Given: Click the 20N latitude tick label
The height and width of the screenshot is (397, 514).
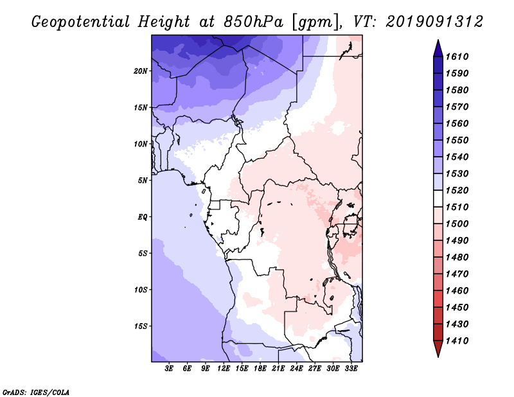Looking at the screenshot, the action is click(x=141, y=71).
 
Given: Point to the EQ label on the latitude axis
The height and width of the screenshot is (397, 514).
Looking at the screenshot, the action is click(x=142, y=217).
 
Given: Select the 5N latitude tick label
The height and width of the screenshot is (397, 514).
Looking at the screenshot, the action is click(x=143, y=181).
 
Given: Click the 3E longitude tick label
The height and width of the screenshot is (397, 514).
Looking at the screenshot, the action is click(x=169, y=369).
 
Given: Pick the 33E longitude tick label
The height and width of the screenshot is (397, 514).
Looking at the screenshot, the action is click(x=351, y=369).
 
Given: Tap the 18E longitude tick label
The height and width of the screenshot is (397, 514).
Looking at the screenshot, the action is click(x=260, y=369).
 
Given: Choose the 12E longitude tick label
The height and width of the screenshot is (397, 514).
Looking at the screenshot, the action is click(x=224, y=369).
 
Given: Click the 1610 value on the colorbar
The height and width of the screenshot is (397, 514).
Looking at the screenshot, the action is click(x=457, y=57).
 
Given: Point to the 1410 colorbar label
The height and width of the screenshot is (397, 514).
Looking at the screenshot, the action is click(x=457, y=341).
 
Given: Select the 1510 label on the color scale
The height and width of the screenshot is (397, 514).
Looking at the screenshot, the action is click(x=457, y=207).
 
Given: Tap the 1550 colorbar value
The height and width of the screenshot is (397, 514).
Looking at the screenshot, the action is click(x=457, y=140).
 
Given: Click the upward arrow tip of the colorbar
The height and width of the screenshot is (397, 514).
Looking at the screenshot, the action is click(x=438, y=40).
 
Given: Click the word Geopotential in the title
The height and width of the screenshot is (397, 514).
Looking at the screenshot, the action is click(x=81, y=22).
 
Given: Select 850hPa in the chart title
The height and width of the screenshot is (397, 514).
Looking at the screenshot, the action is click(x=253, y=22).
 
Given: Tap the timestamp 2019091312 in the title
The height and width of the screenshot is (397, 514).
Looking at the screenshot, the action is click(x=434, y=22).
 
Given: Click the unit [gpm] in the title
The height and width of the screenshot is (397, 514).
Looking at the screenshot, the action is click(x=315, y=22).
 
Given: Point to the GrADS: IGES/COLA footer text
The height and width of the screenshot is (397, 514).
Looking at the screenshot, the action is click(x=36, y=392).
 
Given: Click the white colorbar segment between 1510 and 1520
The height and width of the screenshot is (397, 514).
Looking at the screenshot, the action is click(x=438, y=198).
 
